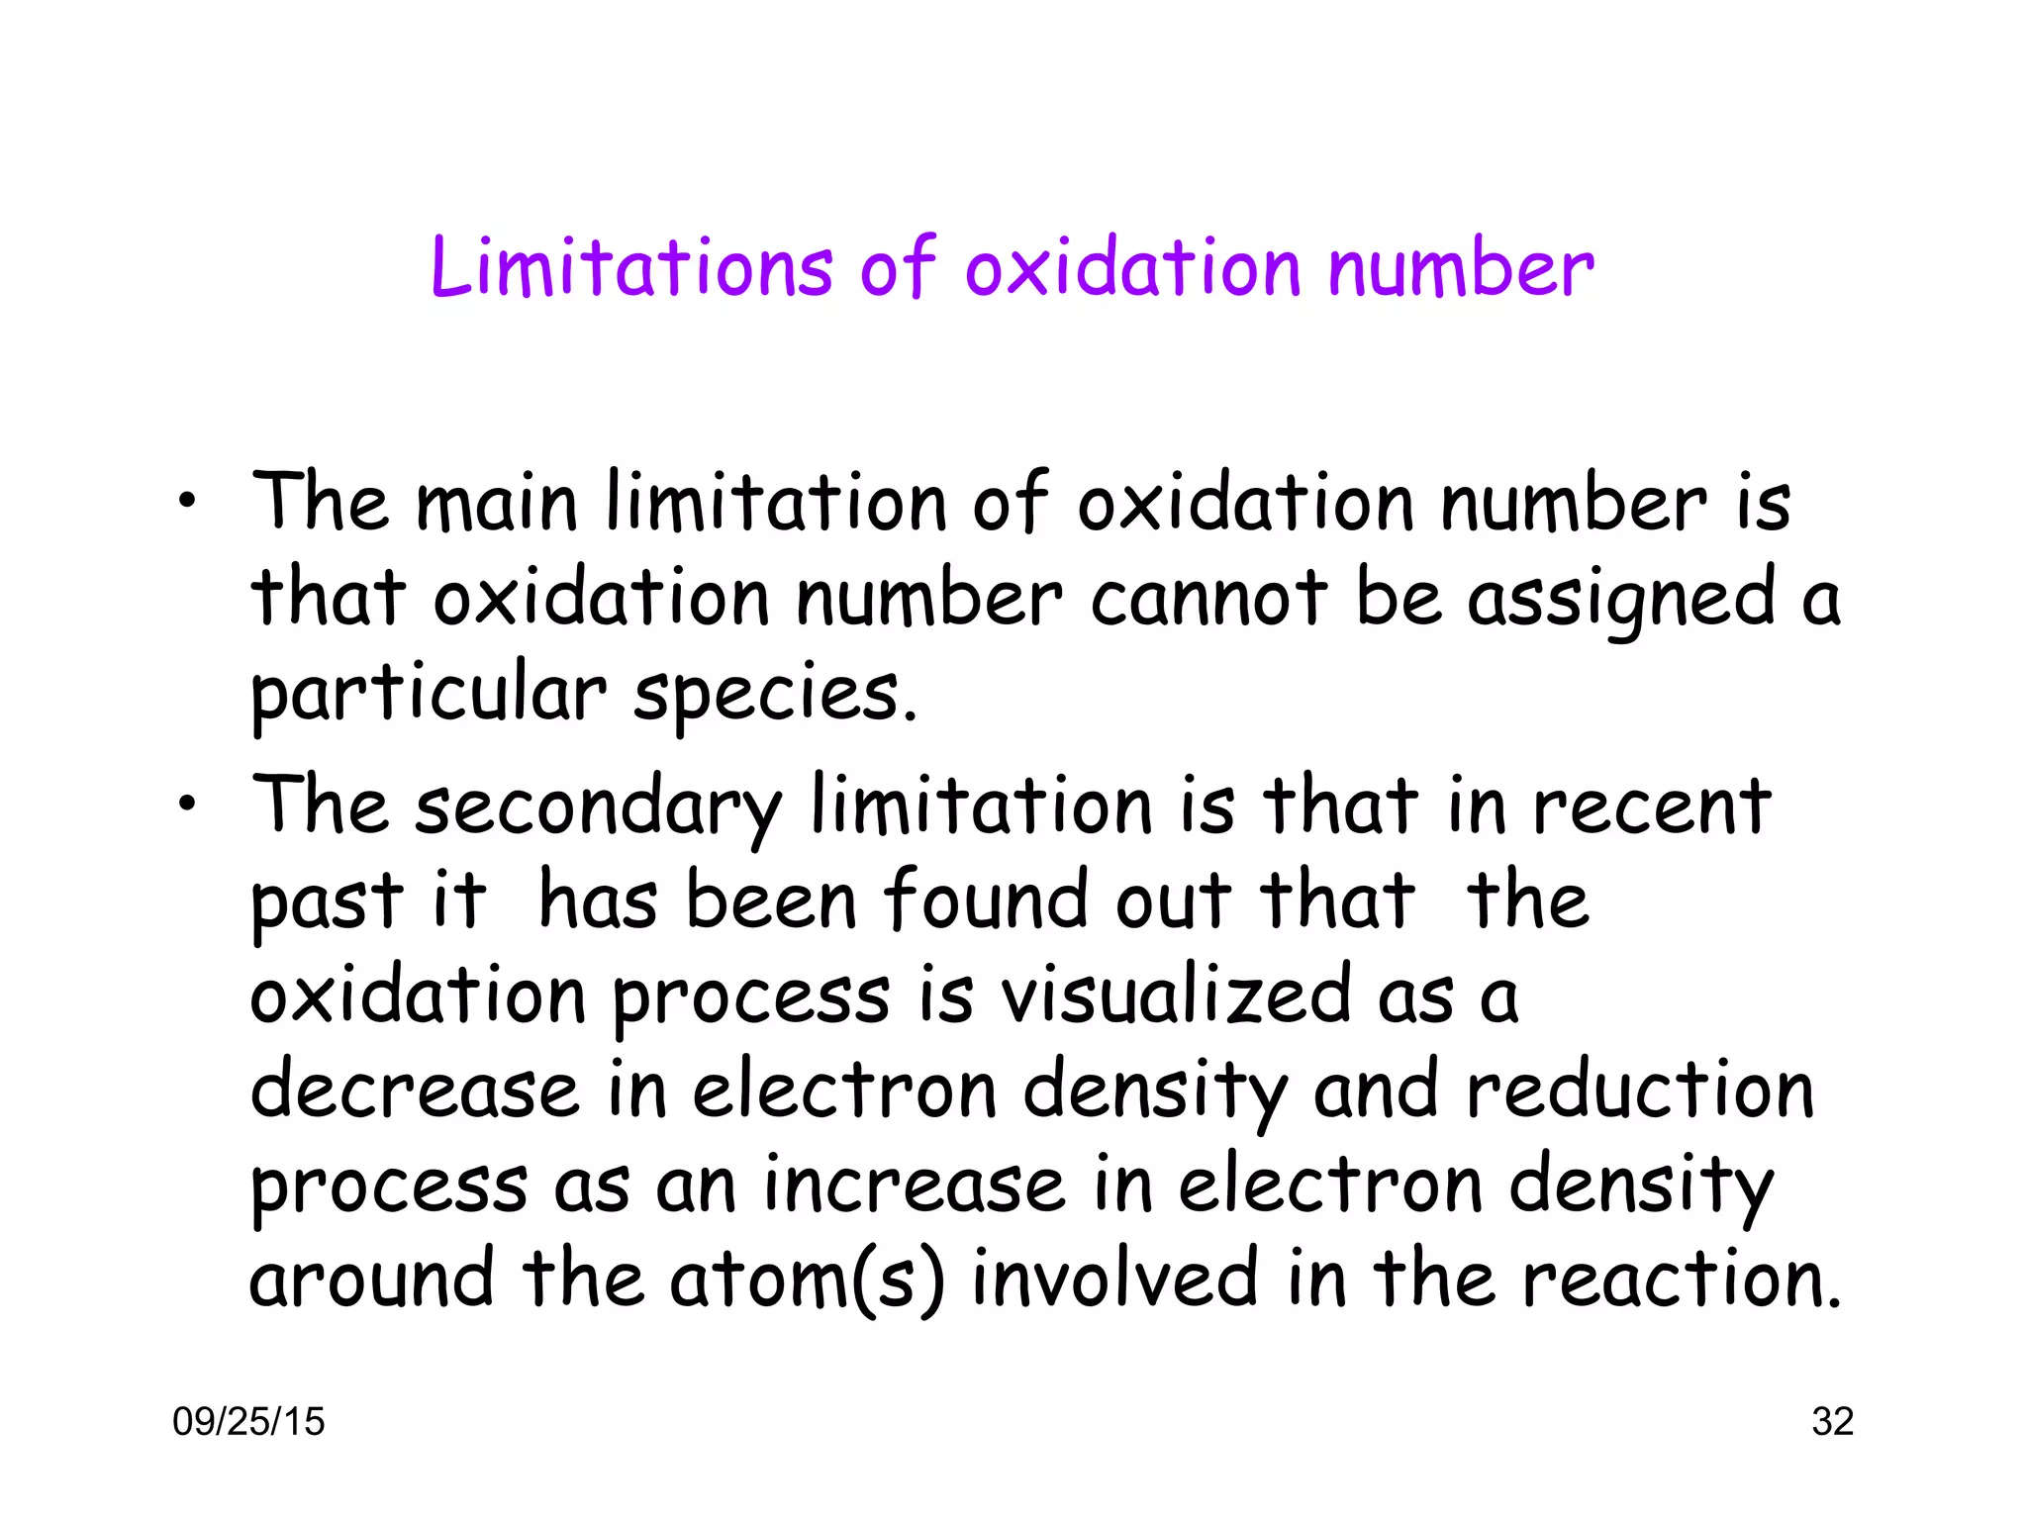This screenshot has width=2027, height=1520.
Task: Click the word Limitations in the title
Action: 631,267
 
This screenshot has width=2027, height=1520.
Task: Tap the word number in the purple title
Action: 1460,267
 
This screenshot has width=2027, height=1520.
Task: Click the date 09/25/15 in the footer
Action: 248,1421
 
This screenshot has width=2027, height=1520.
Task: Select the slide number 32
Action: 1832,1421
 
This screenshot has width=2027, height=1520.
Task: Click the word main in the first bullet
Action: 496,503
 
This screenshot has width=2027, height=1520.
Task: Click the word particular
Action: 428,694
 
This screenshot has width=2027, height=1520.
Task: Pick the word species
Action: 775,694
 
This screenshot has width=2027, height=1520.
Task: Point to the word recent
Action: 1651,806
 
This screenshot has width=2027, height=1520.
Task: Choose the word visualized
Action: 1176,995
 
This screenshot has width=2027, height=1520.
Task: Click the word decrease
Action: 415,1090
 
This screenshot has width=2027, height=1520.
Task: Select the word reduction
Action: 1640,1090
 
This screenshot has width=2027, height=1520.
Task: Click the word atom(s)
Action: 807,1280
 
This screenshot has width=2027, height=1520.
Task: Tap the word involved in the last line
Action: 1115,1280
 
